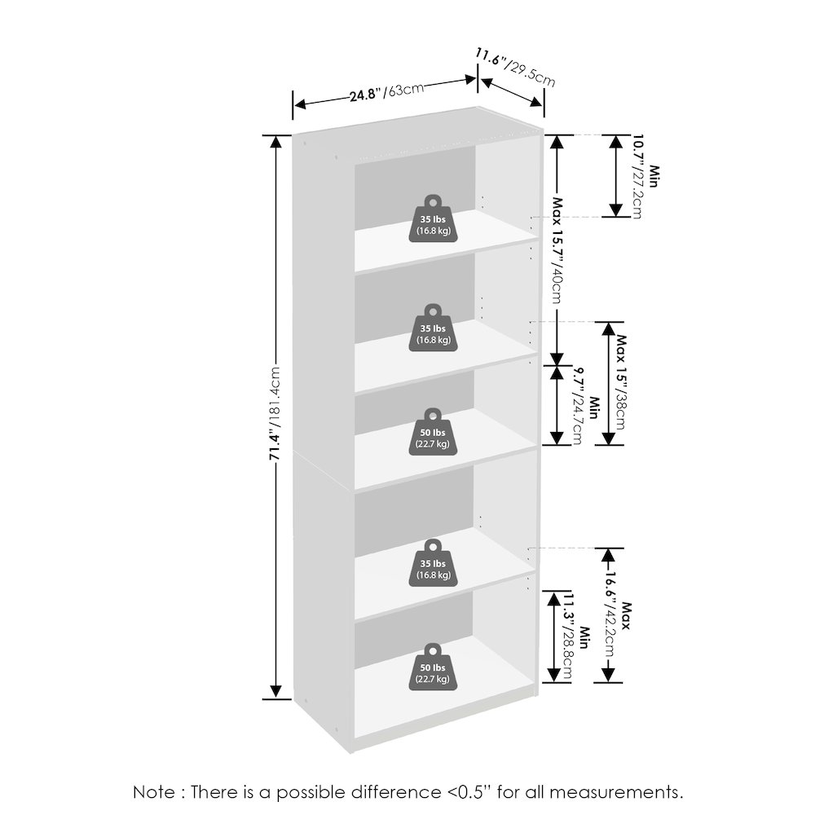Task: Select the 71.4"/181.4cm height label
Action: point(275,413)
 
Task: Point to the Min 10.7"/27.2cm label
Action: point(645,177)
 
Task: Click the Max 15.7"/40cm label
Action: point(557,250)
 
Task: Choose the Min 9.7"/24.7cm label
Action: point(585,406)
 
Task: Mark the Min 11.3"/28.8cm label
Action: point(576,637)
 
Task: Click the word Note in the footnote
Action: point(154,792)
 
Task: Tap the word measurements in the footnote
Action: point(616,793)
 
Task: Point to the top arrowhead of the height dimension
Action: point(276,141)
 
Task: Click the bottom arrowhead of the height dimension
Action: point(276,692)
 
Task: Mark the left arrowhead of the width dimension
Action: point(300,104)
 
